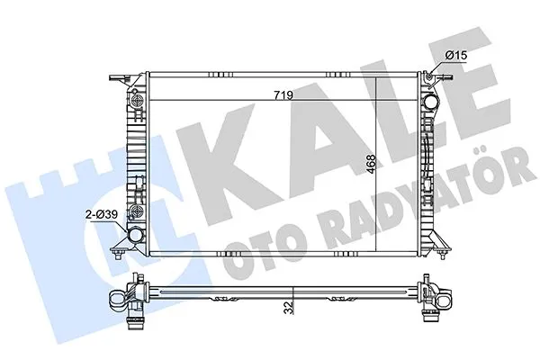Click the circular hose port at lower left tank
point(135,234)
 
